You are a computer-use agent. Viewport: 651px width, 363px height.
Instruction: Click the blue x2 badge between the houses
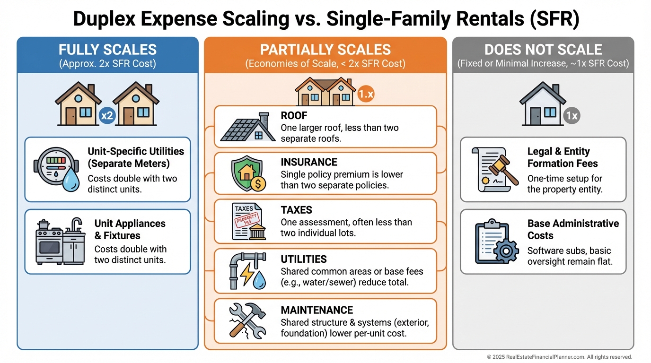click(107, 116)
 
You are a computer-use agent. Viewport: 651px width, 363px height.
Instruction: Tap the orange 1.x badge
click(366, 94)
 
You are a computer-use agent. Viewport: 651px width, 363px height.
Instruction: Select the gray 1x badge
click(572, 116)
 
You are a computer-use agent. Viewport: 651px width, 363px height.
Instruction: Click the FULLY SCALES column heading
click(107, 49)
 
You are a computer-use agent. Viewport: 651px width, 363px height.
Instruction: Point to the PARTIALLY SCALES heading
click(325, 49)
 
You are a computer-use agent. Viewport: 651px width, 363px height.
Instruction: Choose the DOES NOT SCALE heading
click(543, 49)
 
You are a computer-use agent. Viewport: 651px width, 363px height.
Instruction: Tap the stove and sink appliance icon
click(61, 241)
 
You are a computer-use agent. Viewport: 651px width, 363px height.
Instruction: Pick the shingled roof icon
click(247, 127)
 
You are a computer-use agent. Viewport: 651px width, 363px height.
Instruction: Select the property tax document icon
click(249, 221)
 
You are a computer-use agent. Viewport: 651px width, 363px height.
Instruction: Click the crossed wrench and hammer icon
click(247, 321)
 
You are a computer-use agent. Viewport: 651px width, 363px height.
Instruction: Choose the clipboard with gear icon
click(497, 242)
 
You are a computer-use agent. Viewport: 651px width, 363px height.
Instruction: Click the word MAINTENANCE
click(317, 310)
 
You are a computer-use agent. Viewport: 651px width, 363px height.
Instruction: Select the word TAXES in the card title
click(297, 210)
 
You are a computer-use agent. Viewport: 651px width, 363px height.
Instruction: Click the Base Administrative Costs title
click(573, 229)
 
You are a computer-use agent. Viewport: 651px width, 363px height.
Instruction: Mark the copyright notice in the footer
click(559, 357)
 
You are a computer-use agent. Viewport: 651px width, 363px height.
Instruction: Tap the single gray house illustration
click(543, 104)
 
